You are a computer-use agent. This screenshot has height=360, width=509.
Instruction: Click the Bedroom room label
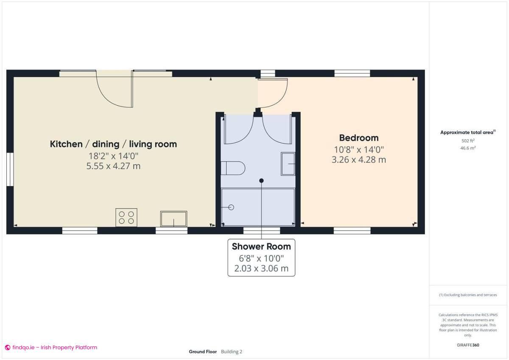[x=358, y=138]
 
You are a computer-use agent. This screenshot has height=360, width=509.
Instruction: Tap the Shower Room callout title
[x=261, y=246]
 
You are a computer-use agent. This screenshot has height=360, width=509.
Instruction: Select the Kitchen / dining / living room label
[x=113, y=144]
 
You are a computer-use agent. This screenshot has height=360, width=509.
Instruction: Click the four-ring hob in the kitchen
[x=126, y=218]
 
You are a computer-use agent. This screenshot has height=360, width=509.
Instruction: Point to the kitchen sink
[x=173, y=219]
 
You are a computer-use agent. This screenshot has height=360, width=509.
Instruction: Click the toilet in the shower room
[x=233, y=168]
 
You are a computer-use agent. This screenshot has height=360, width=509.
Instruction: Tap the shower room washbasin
[x=288, y=164]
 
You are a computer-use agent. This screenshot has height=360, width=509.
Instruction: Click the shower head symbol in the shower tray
[x=231, y=207]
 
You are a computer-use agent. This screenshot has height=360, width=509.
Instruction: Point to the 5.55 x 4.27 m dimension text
[x=113, y=166]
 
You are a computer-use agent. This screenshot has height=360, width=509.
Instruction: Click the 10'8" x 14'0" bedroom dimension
[x=358, y=150]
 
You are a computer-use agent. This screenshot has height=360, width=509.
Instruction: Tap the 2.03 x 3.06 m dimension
[x=261, y=268]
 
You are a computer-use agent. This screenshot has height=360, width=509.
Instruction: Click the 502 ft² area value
[x=467, y=141]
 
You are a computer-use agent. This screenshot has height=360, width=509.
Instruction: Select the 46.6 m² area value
[x=467, y=148]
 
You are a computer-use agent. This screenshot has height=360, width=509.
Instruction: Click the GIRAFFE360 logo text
[x=467, y=345]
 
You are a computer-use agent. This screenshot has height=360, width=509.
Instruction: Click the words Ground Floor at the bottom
[x=203, y=352]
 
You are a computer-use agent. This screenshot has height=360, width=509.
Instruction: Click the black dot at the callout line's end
[x=261, y=181]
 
